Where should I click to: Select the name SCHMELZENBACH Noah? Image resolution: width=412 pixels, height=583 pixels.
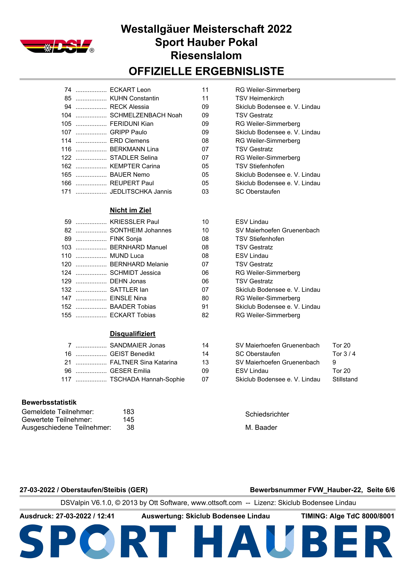click(146, 115)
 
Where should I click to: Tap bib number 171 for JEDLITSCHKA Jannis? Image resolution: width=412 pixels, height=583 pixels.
click(66, 192)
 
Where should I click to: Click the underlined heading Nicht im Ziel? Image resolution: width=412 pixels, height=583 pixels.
click(130, 210)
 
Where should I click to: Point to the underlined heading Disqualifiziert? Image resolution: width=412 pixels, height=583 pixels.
click(132, 334)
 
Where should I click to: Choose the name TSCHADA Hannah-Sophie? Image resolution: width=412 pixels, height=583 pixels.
click(147, 379)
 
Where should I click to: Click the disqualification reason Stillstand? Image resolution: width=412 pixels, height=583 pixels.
click(345, 379)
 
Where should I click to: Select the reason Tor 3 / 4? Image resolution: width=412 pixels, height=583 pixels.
click(344, 354)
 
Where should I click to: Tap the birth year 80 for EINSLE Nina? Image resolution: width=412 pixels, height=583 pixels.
click(205, 298)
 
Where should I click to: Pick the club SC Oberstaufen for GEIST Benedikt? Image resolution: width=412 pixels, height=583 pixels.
click(257, 354)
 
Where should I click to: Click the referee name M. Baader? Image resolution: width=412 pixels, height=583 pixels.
click(261, 427)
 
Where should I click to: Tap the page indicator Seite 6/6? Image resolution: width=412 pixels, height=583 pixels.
click(381, 490)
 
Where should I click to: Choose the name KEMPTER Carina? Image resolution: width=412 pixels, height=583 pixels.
click(135, 166)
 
